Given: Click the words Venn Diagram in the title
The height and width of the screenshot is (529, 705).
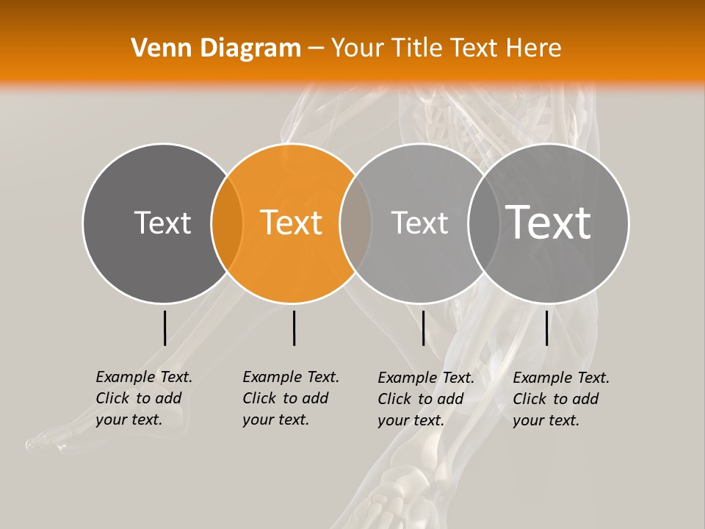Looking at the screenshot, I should coord(216,48).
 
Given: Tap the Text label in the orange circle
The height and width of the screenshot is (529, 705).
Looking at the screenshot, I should coord(292,223).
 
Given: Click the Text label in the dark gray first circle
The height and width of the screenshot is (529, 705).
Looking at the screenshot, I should coord(162,223).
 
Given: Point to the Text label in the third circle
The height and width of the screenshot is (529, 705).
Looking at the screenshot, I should coord(419,223).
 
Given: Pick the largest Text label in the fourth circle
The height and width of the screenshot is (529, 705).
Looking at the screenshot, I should coord(549,223).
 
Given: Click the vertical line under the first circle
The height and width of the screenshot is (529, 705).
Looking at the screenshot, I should coord(164,328).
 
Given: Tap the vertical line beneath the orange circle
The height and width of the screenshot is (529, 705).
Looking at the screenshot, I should coord(294,328).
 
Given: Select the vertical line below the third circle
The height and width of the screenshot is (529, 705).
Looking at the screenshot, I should coord(423,328).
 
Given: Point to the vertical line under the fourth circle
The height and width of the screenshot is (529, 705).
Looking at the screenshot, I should coord(546,328).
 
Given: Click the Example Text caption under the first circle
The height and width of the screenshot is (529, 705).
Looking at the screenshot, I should coord(143,398).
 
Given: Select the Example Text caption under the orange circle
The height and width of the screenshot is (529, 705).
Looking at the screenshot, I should coord(290,398).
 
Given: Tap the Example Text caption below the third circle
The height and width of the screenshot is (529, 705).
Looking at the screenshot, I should coord(425,399).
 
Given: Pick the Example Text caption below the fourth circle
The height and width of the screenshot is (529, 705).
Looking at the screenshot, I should coord(560,399).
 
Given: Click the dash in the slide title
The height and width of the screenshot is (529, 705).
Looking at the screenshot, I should coord(316,48).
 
